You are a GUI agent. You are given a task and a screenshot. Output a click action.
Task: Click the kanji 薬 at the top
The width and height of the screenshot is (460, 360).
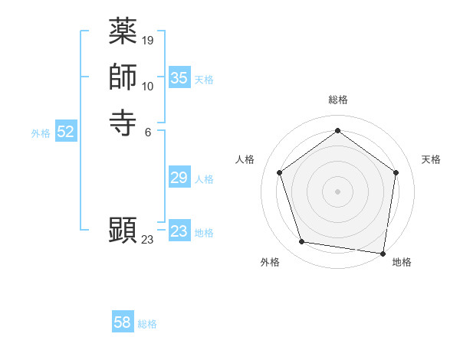pyautogui.click(x=123, y=33)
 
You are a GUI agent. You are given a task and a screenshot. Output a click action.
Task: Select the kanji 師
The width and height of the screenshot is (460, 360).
pyautogui.click(x=123, y=77)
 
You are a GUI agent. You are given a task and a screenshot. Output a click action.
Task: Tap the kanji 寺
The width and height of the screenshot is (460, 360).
pyautogui.click(x=123, y=123)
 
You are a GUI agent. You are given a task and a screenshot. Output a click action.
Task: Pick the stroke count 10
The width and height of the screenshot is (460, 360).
pyautogui.click(x=148, y=86)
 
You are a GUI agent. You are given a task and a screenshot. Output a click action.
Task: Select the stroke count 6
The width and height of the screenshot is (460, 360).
pyautogui.click(x=147, y=131)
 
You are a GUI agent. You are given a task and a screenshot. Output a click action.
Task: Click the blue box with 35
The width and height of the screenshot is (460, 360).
pyautogui.click(x=179, y=78)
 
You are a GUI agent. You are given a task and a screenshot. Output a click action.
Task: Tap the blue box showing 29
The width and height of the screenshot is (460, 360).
pyautogui.click(x=179, y=178)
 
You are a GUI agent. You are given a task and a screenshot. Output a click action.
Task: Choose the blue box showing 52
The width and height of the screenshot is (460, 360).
pyautogui.click(x=65, y=132)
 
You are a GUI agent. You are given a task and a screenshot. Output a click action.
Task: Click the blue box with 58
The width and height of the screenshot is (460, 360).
pyautogui.click(x=122, y=322)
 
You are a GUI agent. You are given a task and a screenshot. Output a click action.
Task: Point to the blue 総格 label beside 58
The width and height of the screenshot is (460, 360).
pyautogui.click(x=147, y=324)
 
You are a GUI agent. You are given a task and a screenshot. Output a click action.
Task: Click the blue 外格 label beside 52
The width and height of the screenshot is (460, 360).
pyautogui.click(x=41, y=133)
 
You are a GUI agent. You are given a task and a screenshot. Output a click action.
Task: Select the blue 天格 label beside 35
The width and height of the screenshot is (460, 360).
pyautogui.click(x=204, y=80)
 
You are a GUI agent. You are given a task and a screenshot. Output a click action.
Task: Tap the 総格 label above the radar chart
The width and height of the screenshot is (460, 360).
pyautogui.click(x=337, y=100)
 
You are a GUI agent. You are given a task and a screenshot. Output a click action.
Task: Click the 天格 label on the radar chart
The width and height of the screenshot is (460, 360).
pyautogui.click(x=431, y=159)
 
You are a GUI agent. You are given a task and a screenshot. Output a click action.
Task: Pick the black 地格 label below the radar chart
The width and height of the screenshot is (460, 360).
pyautogui.click(x=402, y=263)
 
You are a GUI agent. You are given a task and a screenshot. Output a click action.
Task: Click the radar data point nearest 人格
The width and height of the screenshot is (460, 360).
pyautogui.click(x=280, y=173)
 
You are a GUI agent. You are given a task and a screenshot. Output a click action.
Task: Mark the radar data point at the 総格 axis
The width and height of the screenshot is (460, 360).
pyautogui.click(x=337, y=131)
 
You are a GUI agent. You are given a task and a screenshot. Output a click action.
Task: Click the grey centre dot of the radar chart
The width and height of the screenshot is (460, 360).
pyautogui.click(x=337, y=191)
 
